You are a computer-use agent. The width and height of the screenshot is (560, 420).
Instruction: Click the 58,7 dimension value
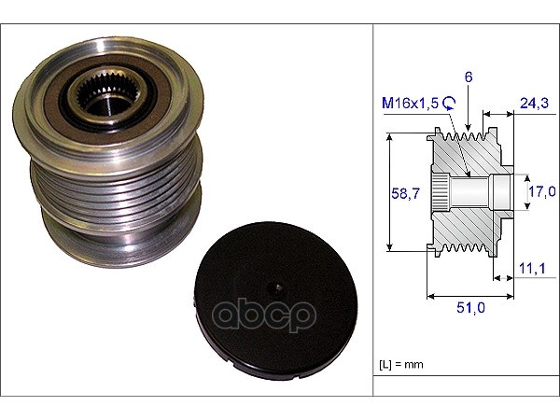(405, 193)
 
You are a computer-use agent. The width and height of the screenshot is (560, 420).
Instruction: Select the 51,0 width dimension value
(470, 307)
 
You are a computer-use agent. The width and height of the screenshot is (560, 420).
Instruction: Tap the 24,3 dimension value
(534, 103)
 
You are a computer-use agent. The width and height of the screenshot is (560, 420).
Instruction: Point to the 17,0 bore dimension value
(542, 191)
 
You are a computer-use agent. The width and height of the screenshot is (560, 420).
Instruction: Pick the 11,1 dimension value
(532, 268)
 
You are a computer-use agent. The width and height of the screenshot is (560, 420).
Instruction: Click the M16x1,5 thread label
(410, 104)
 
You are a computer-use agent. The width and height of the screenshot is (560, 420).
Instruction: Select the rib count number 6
(469, 77)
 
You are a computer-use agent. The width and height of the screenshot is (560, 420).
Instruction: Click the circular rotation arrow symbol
(449, 103)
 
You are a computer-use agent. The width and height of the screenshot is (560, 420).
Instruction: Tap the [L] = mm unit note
(400, 365)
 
